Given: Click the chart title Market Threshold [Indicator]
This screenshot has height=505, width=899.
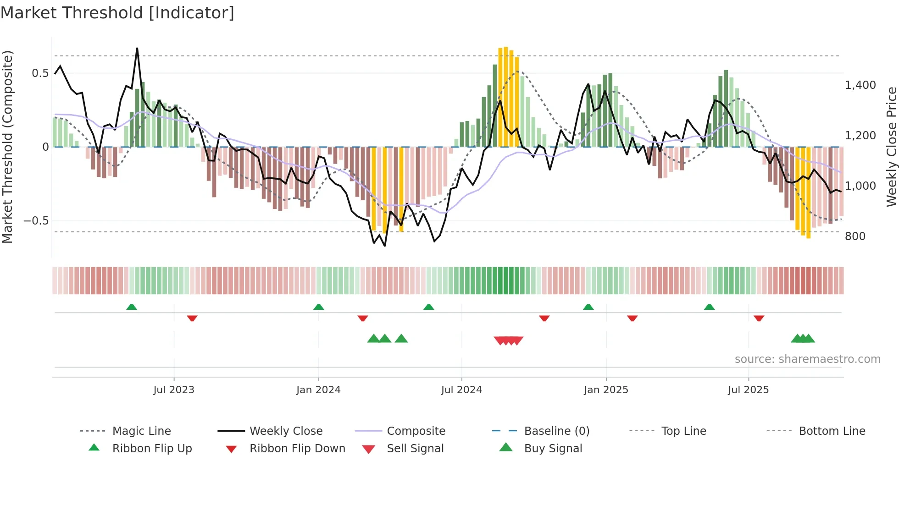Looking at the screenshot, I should tap(117, 13).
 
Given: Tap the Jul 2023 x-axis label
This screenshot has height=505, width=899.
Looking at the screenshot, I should tap(174, 390).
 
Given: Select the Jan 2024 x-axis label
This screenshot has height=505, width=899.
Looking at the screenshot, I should tap(318, 390).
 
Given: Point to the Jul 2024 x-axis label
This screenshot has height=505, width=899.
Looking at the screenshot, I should tap(461, 390).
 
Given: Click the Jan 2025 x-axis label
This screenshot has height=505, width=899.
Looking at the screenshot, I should tap(606, 390).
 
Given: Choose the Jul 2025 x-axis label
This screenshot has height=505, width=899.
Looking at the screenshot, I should tap(748, 390).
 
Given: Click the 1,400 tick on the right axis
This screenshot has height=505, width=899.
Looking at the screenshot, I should tap(860, 85).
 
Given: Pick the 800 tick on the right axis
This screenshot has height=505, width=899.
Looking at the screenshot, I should tap(855, 236).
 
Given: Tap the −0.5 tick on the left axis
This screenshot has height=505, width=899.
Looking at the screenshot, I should tap(36, 221).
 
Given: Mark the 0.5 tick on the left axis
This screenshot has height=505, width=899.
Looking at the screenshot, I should tap(40, 73).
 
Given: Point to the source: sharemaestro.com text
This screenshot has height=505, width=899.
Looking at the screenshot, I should tap(807, 359).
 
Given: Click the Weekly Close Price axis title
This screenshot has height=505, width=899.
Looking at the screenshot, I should tap(891, 147).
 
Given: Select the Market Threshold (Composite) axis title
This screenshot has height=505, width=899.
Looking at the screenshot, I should tap(7, 147).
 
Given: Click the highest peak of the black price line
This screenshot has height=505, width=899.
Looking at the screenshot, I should tap(137, 48).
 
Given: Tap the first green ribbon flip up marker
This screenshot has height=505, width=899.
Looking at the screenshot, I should tap(132, 307).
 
